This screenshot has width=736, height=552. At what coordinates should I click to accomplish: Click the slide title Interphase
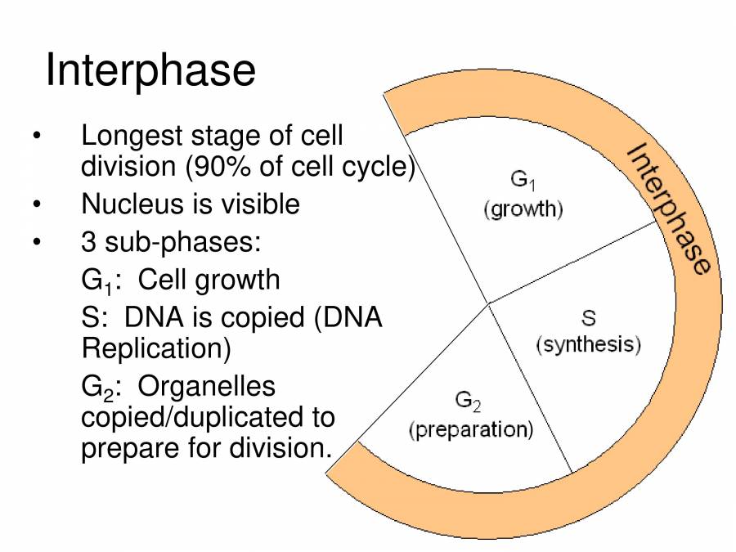tap(150, 71)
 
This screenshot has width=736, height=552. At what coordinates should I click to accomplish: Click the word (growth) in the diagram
tap(523, 209)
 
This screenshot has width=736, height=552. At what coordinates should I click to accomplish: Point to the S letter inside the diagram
tap(587, 316)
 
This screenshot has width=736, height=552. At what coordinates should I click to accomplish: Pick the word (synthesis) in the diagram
tap(588, 344)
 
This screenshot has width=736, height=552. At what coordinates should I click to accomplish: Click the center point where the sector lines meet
tap(489, 303)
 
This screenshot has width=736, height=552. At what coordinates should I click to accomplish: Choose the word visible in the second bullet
tap(261, 204)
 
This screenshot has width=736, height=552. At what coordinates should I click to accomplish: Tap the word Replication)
tap(156, 349)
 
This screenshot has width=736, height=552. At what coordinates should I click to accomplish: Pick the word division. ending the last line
tap(281, 449)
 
